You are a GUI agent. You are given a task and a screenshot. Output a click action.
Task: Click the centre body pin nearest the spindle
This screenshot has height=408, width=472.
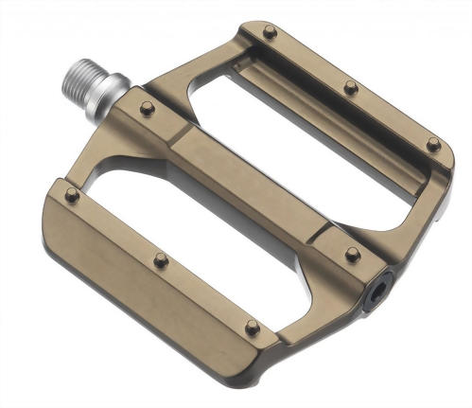coord(147,108)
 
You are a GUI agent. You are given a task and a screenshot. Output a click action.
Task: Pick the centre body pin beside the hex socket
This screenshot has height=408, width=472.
coord(352,254)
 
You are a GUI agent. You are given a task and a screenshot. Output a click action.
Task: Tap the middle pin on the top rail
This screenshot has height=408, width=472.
coord(351,87)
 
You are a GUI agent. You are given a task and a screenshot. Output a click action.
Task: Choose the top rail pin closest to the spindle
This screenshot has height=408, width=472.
coord(270,32)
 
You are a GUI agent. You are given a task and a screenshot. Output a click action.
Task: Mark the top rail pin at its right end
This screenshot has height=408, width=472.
coord(432,144)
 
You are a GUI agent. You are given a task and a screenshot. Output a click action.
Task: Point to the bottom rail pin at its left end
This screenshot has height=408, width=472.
coord(72,195)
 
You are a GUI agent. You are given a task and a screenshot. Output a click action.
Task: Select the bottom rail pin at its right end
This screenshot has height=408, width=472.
coord(253,327)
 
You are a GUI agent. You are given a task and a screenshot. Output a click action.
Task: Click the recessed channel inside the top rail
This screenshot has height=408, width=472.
coord(331,104)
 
